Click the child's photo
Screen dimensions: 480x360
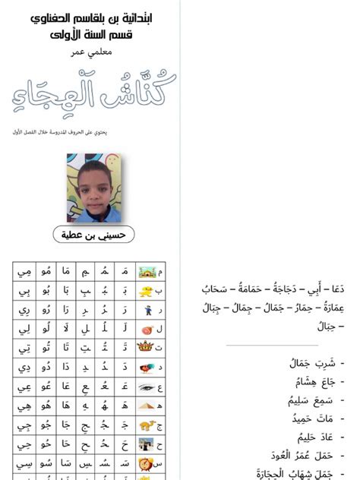tap(94, 186)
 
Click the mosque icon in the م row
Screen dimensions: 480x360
tap(145, 271)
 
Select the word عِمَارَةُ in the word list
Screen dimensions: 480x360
tap(328, 308)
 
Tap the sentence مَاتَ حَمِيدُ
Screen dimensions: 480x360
tap(311, 418)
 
